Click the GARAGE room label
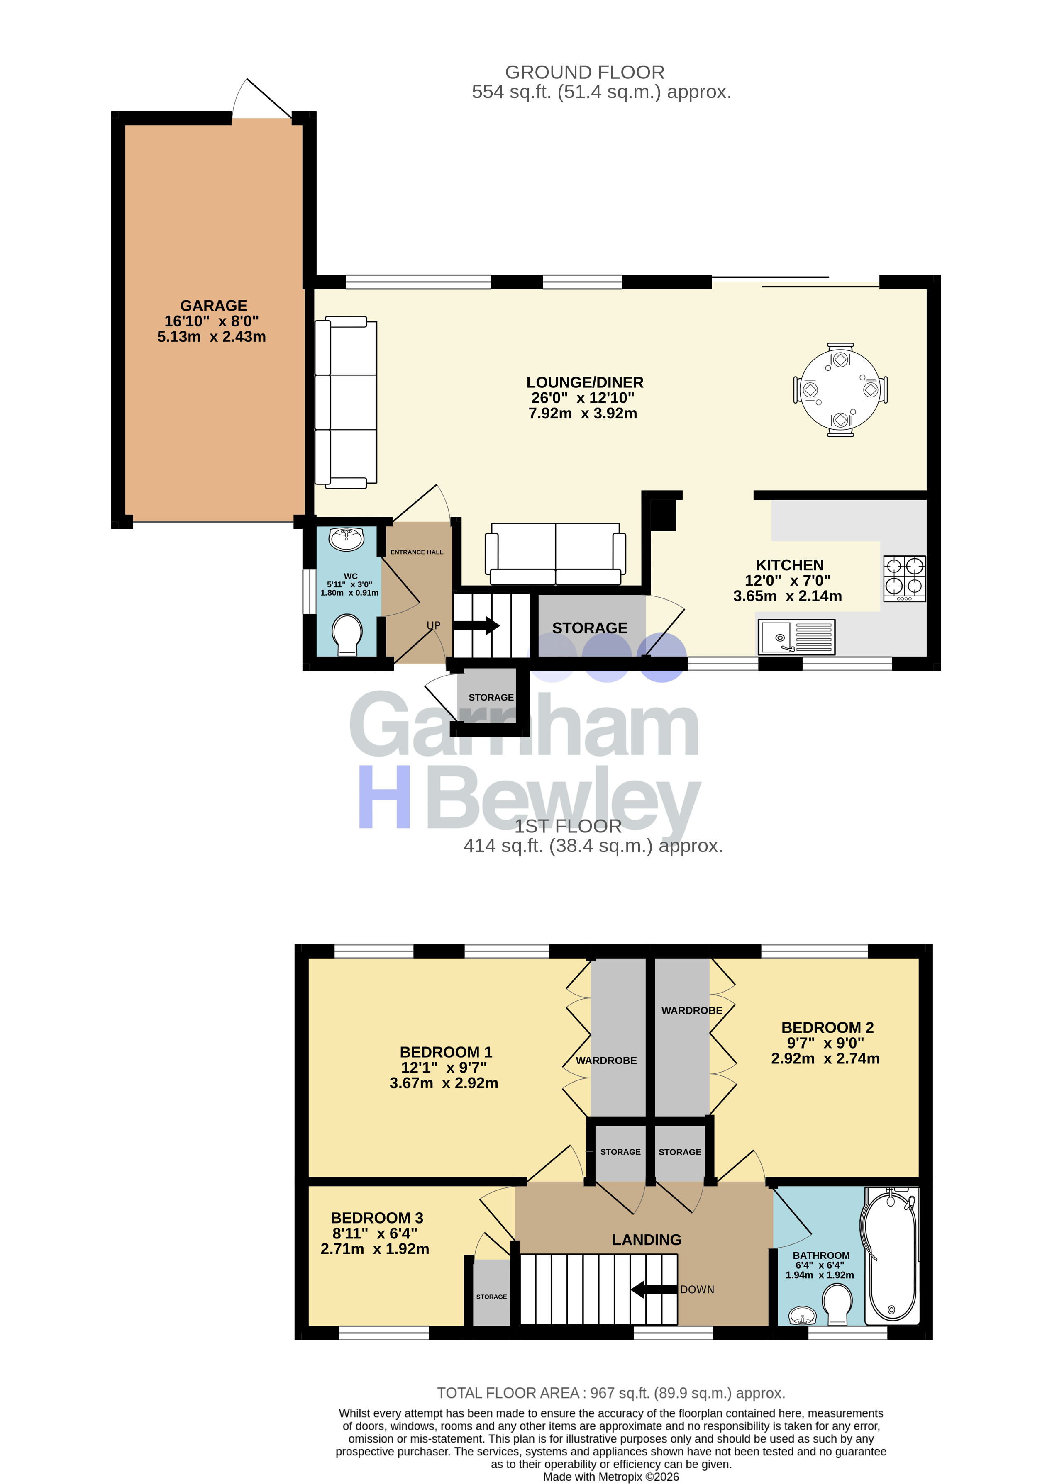click(x=214, y=306)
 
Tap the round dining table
click(x=840, y=390)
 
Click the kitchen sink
click(x=796, y=637)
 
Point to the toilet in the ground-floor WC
click(x=347, y=635)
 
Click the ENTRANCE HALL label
click(x=417, y=552)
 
